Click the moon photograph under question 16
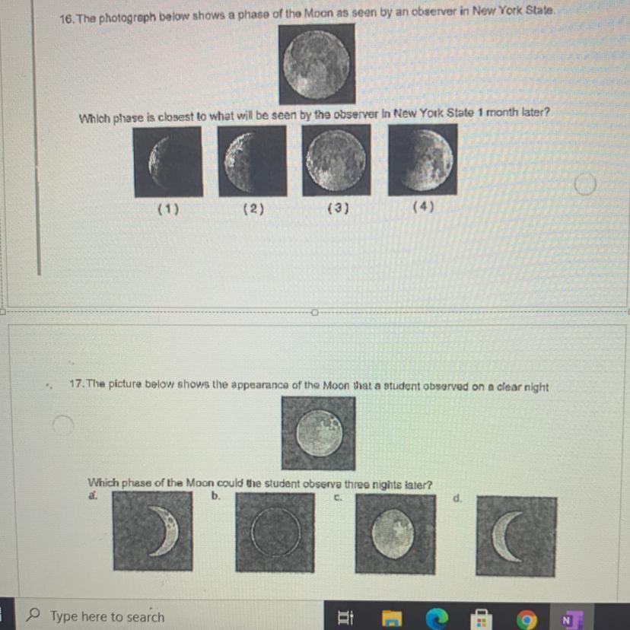pyautogui.click(x=317, y=64)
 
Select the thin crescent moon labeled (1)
pyautogui.click(x=168, y=162)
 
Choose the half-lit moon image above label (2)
pyautogui.click(x=253, y=161)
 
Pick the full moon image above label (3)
pyautogui.click(x=336, y=160)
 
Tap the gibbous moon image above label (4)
pyautogui.click(x=423, y=160)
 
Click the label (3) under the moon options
pyautogui.click(x=339, y=208)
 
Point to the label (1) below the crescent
pyautogui.click(x=168, y=209)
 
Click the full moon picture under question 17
pyautogui.click(x=319, y=433)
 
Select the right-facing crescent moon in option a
pyautogui.click(x=153, y=531)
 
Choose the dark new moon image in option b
pyautogui.click(x=275, y=533)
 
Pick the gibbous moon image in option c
pyautogui.click(x=396, y=534)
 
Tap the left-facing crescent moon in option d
pyautogui.click(x=517, y=536)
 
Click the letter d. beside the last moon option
pyautogui.click(x=457, y=498)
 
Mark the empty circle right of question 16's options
pyautogui.click(x=585, y=184)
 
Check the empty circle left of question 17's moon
pyautogui.click(x=63, y=425)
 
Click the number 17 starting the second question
pyautogui.click(x=76, y=383)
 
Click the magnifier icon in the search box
pyautogui.click(x=33, y=615)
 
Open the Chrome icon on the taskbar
pyautogui.click(x=527, y=619)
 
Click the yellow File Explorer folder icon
pyautogui.click(x=392, y=619)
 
